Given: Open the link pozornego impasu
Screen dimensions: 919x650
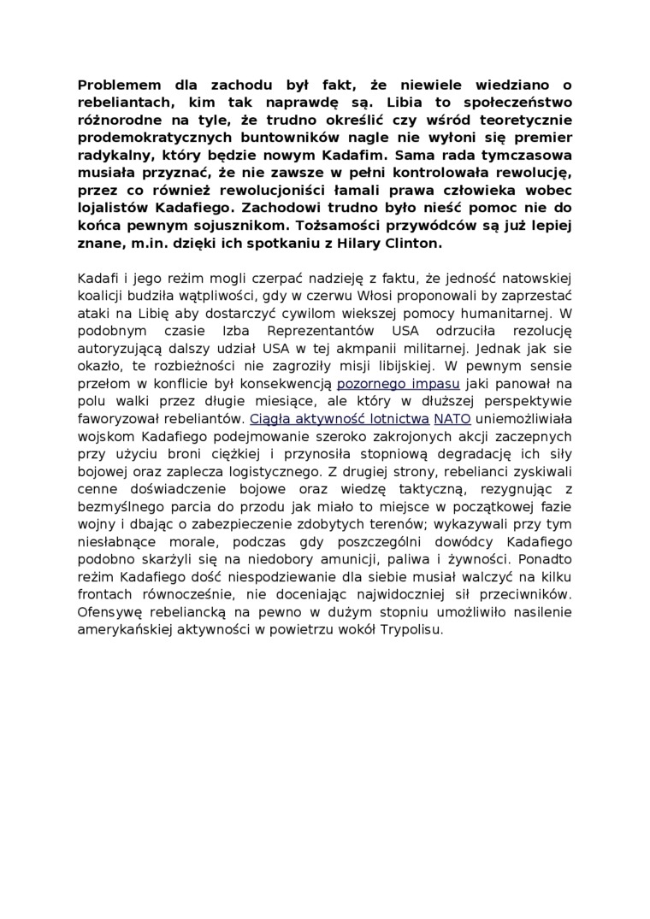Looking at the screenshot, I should pyautogui.click(x=399, y=384).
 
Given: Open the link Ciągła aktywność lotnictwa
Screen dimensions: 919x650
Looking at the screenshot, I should pyautogui.click(x=340, y=419).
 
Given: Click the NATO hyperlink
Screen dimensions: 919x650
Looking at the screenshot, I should pyautogui.click(x=452, y=419).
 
